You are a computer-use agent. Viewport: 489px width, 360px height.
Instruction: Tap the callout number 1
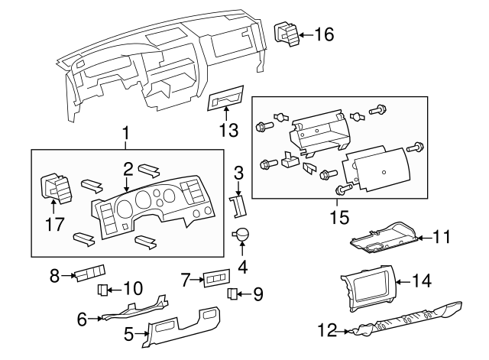click(x=126, y=135)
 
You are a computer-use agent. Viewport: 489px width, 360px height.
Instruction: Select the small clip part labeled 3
click(x=238, y=205)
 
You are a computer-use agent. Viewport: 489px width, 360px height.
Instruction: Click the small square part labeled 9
click(x=234, y=294)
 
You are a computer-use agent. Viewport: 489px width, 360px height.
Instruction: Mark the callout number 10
click(x=132, y=288)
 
